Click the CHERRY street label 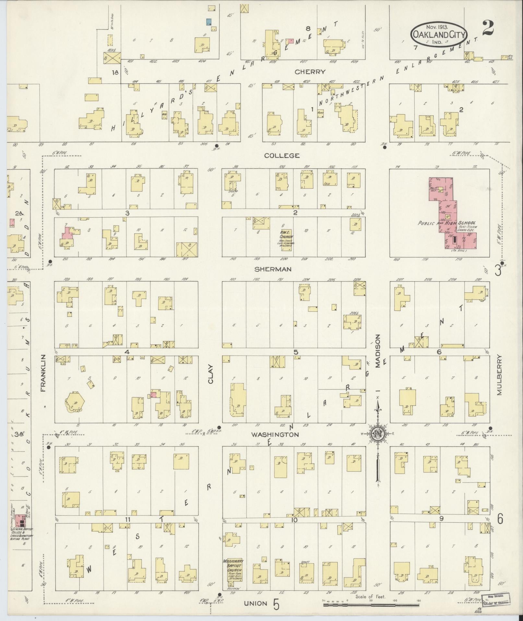point(310,72)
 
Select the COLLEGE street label point(281,155)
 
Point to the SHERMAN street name point(273,269)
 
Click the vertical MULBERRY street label point(499,375)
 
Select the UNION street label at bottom point(256,603)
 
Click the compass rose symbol point(378,433)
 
